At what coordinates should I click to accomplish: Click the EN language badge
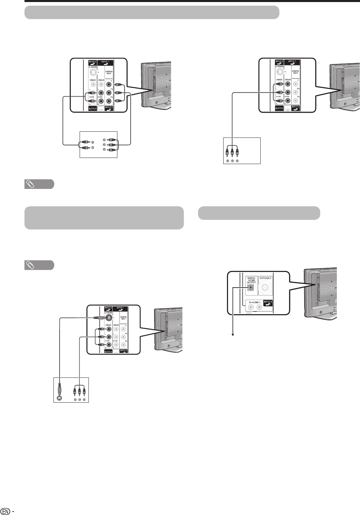tap(5, 511)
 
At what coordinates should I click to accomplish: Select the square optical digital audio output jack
tap(251, 287)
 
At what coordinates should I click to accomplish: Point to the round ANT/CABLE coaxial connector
tap(266, 289)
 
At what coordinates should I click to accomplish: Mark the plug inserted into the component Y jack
tap(117, 85)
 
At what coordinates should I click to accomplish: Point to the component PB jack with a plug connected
tap(109, 93)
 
